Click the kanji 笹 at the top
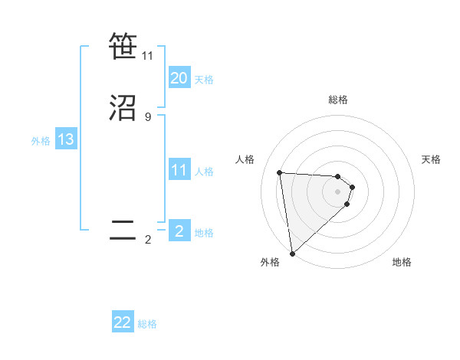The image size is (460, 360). pos(123,47)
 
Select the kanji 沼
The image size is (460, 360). pos(123,108)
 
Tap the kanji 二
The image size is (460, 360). pos(123,231)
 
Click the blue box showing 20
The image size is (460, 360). pos(179,78)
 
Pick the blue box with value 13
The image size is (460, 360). pos(66,140)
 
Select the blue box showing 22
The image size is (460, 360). pos(123,322)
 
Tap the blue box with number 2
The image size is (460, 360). pos(179,231)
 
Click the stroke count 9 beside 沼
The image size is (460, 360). pos(147,117)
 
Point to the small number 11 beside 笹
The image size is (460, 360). pos(148,56)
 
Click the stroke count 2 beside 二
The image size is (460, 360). pos(147,240)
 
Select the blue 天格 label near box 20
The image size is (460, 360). pos(204,80)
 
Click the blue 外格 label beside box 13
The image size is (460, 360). pos(41,141)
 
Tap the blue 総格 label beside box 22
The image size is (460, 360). pos(147,324)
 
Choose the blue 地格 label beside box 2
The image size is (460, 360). pos(204,233)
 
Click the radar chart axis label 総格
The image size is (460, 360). pos(338,100)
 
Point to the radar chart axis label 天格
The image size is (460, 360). pos(431,159)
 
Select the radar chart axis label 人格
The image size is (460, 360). pos(245,159)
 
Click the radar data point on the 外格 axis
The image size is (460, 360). pos(292,252)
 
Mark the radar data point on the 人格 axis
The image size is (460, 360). pos(280,172)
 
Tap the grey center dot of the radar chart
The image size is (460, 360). pos(338,191)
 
